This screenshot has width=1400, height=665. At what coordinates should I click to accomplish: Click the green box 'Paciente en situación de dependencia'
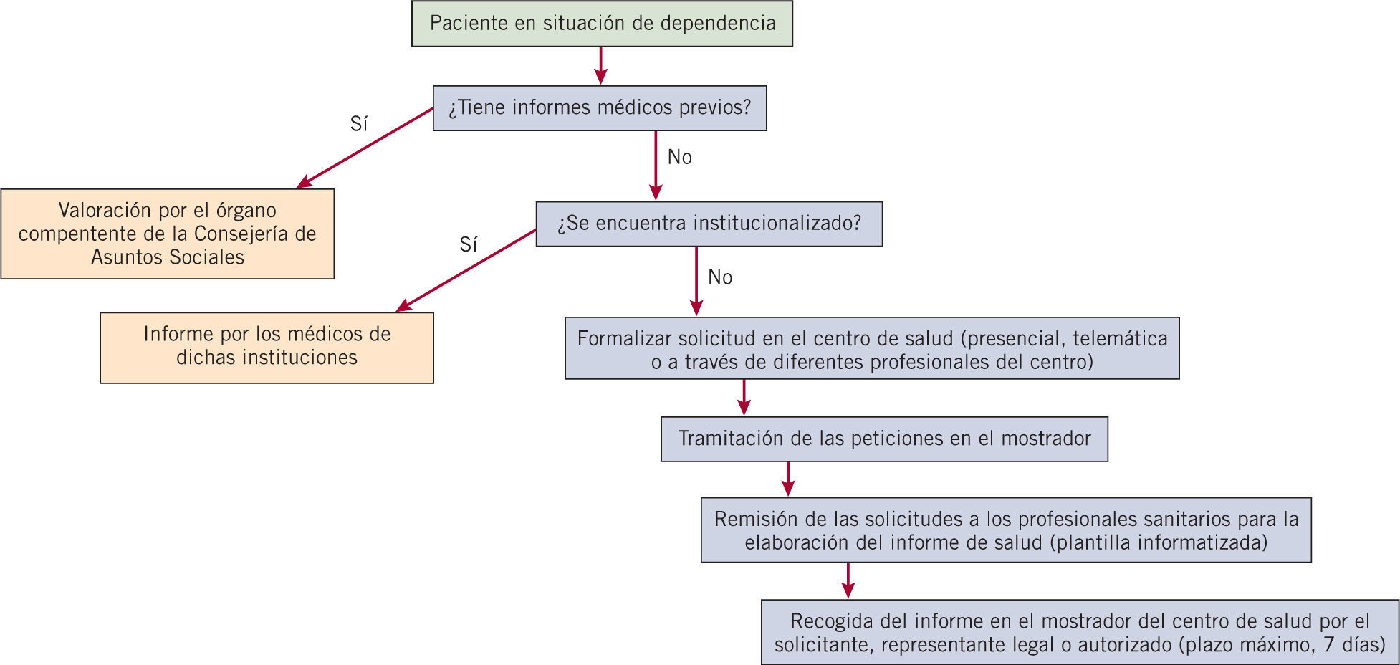(x=602, y=24)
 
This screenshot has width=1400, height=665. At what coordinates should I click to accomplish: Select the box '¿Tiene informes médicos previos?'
(x=600, y=108)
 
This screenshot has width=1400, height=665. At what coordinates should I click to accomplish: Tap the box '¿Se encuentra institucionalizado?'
(x=709, y=224)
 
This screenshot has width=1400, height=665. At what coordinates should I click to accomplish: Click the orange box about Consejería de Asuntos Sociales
(x=167, y=234)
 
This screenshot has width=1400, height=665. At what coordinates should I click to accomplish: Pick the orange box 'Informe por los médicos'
(x=267, y=348)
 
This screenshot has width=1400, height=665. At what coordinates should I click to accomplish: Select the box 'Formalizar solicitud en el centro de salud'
(x=872, y=348)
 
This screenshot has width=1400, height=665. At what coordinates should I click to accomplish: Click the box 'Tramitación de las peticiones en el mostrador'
(x=884, y=439)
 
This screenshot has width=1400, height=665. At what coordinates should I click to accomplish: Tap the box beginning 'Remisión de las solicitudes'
(x=1006, y=530)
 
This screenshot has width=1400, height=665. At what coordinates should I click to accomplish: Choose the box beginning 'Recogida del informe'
(x=1080, y=632)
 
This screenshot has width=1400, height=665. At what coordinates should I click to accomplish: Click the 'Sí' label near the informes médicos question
(x=359, y=125)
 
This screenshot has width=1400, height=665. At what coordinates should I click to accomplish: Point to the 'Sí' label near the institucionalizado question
(x=469, y=245)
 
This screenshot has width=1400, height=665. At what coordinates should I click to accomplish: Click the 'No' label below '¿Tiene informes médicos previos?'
(x=679, y=157)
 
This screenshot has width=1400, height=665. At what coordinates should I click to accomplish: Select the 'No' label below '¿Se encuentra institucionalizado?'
(x=720, y=277)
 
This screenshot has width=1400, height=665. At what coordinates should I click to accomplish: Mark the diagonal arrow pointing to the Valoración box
(x=365, y=148)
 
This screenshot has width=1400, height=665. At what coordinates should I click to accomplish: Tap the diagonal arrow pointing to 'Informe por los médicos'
(x=466, y=270)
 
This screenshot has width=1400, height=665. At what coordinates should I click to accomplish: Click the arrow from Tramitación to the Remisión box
(x=788, y=479)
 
